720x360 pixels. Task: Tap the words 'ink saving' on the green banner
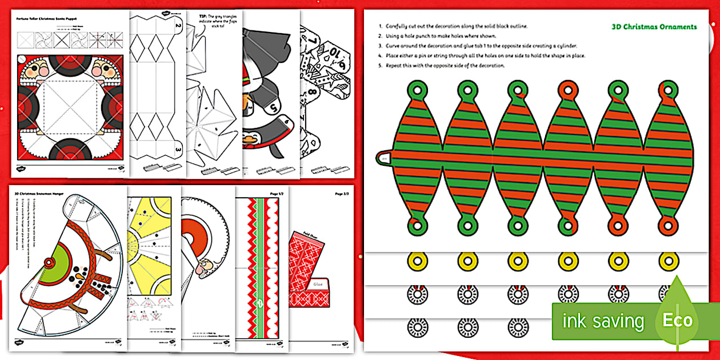602,321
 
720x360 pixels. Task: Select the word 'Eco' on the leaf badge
678,320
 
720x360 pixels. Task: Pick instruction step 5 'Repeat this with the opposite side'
443,66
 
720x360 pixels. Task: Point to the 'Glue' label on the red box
318,282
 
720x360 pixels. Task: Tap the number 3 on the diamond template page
178,150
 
